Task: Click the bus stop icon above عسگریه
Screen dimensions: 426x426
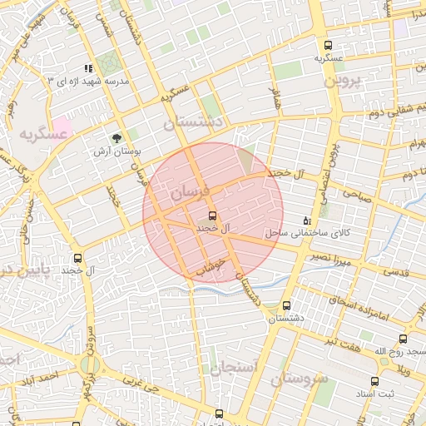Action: coord(327,45)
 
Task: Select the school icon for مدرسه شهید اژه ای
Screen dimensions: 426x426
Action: coord(88,68)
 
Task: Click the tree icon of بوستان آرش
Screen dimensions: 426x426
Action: coord(116,139)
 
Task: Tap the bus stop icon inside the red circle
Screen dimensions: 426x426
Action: coord(211,215)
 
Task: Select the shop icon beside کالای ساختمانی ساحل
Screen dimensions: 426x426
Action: coord(307,221)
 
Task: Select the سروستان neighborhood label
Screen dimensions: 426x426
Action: coord(300,379)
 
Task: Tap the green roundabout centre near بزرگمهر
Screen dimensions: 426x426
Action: coord(91,365)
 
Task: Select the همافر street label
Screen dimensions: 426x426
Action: coord(275,98)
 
